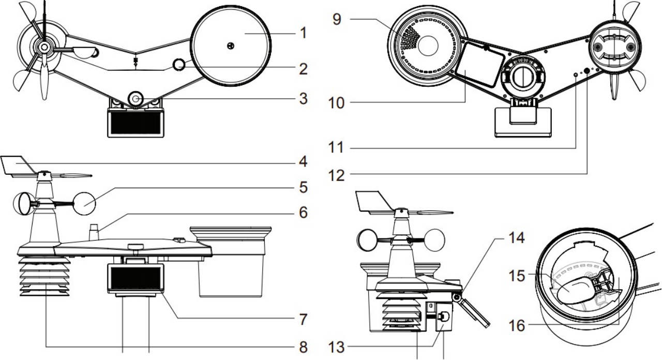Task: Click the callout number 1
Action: pyautogui.click(x=299, y=34)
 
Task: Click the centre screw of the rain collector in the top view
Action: pyautogui.click(x=231, y=46)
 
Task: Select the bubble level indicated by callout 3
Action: pyautogui.click(x=137, y=97)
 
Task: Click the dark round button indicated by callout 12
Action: pyautogui.click(x=588, y=69)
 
